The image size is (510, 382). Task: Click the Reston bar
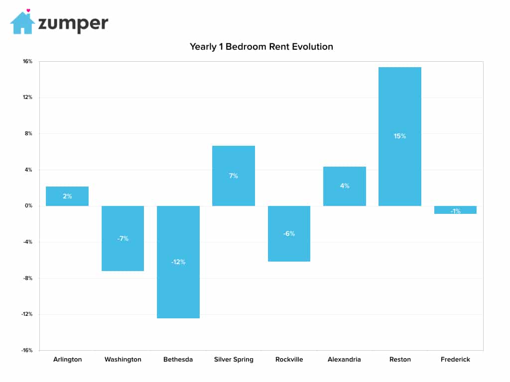point(400,136)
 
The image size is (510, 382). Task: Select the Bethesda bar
point(178,262)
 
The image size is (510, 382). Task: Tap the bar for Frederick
point(455,210)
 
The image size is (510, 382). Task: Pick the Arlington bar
point(67,196)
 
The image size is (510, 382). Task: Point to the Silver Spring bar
point(234,176)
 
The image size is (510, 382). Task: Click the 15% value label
point(400,136)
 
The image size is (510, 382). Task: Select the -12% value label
point(178,262)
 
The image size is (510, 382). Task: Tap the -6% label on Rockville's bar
point(289,234)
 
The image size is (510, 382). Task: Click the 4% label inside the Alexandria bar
point(345,186)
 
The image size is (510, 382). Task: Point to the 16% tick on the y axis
point(28,61)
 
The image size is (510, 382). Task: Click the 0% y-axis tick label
point(28,205)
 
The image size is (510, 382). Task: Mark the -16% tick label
point(27,350)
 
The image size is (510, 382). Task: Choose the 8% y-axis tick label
point(28,133)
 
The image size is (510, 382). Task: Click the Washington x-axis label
point(123,359)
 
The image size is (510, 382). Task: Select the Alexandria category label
point(344,359)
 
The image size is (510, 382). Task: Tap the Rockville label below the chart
point(289,359)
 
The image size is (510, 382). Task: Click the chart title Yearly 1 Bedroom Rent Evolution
point(261,47)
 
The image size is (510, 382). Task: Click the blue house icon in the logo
point(22,23)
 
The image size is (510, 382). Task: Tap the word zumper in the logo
point(73,23)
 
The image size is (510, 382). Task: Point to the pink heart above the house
point(28,10)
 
